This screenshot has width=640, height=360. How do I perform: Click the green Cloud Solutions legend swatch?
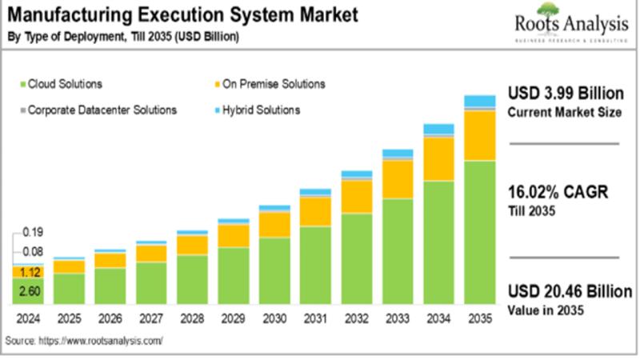(22, 83)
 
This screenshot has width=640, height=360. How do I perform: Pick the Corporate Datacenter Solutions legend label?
(102, 110)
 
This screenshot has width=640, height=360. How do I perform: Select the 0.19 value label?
(32, 233)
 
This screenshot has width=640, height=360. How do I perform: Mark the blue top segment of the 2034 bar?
(438, 129)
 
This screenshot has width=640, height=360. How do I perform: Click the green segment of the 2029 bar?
(234, 276)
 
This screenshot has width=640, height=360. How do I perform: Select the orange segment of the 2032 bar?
(357, 196)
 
